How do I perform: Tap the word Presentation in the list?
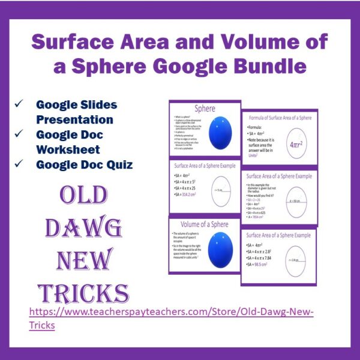74,119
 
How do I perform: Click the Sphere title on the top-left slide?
204,110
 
